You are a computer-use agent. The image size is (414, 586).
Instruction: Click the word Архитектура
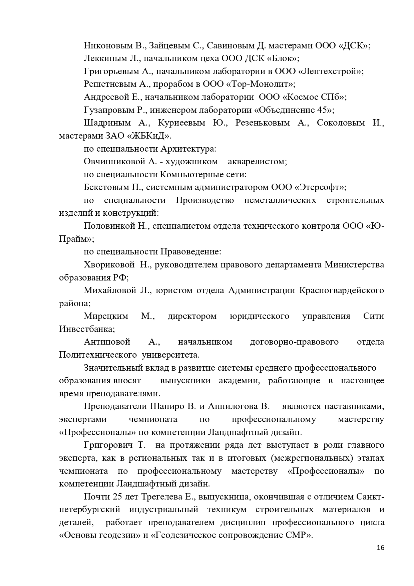(x=188, y=149)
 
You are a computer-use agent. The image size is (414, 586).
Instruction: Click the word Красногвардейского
(x=341, y=290)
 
